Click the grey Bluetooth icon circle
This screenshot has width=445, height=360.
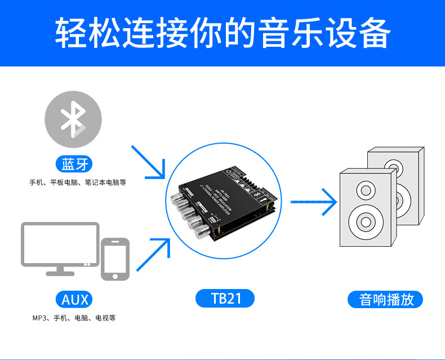73,120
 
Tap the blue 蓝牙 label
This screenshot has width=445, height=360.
75,165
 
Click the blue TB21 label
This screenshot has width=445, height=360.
225,298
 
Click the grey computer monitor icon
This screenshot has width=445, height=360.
60,245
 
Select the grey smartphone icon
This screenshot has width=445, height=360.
115,259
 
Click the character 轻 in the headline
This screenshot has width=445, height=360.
71,33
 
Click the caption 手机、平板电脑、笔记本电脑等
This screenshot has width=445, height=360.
78,183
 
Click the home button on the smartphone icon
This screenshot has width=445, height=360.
115,276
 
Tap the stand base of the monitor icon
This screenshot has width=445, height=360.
60,273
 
